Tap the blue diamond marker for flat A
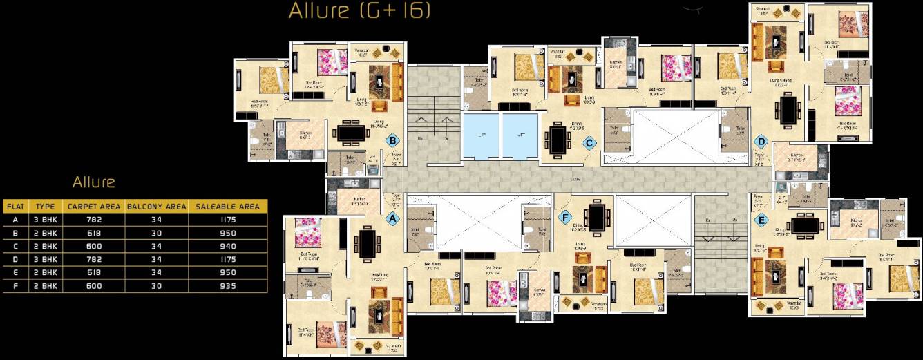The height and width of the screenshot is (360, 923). coord(392,218)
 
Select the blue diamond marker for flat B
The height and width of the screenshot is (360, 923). coord(392,141)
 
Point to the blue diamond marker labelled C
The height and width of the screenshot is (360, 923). coord(589,143)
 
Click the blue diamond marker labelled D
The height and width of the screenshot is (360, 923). coord(761,142)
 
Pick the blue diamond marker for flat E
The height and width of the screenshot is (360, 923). coord(761,220)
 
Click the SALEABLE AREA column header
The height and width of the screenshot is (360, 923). coord(227,206)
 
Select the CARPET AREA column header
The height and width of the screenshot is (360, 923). coord(93,206)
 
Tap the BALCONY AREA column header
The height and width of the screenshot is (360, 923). coord(156,206)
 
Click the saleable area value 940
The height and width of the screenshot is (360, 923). coord(227,246)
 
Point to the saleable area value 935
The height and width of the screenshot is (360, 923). coord(227,285)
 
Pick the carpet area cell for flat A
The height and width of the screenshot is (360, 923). coord(93,220)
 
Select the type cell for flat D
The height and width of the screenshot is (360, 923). coord(45,259)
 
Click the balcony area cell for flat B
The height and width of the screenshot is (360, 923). coord(156,233)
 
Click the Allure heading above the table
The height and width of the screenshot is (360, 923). coord(93,182)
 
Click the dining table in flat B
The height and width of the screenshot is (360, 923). coord(350,132)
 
